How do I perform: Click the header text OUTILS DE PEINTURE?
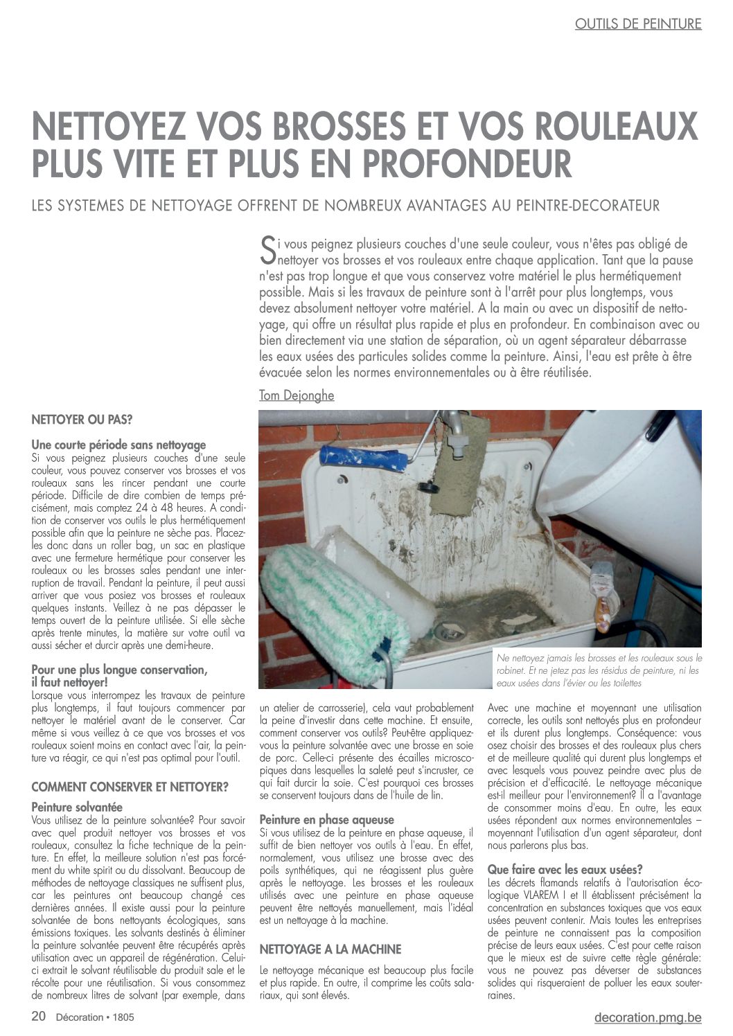637,24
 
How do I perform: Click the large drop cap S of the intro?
267,251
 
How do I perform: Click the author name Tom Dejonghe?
297,395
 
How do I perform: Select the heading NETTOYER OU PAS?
82,420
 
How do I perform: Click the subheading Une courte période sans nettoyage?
118,445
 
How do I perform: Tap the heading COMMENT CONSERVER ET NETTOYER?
130,787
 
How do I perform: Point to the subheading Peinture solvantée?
77,807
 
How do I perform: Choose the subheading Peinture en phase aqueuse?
326,819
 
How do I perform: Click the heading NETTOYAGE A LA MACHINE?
330,949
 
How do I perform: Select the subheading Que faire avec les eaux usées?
565,869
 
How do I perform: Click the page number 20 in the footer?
39,1017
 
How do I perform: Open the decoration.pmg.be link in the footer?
647,1017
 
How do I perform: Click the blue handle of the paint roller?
364,458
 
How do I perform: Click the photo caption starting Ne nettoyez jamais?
599,670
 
